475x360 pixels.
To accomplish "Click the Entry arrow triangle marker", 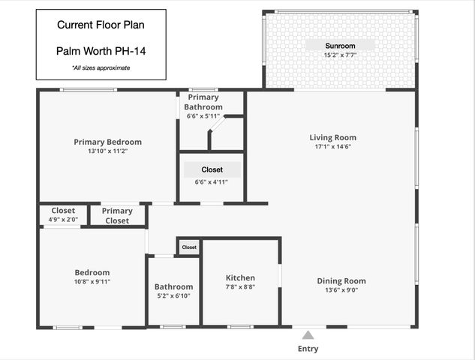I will click(308, 334).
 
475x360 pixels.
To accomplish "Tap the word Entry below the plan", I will click(308, 349).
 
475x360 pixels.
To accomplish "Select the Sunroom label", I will click(339, 45).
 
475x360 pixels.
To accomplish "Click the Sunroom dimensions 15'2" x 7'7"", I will click(339, 55).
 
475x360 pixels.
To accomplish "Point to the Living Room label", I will click(332, 137).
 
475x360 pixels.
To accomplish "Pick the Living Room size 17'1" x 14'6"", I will click(332, 147).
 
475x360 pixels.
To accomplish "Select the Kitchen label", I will click(241, 277).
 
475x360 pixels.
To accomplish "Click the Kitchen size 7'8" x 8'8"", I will click(241, 287).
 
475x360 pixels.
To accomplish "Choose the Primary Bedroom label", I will click(107, 142).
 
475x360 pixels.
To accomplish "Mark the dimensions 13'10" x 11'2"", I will click(107, 151).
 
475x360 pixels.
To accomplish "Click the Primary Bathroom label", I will click(203, 102).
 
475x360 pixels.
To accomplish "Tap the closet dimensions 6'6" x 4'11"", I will click(212, 182).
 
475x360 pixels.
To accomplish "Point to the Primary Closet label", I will click(117, 216).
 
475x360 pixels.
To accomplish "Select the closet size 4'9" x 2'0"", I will click(63, 220).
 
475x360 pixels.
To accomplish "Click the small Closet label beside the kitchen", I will click(189, 247).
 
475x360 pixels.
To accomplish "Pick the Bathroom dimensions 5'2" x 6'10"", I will click(173, 296).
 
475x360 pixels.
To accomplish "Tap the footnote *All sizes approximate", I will click(101, 67).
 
